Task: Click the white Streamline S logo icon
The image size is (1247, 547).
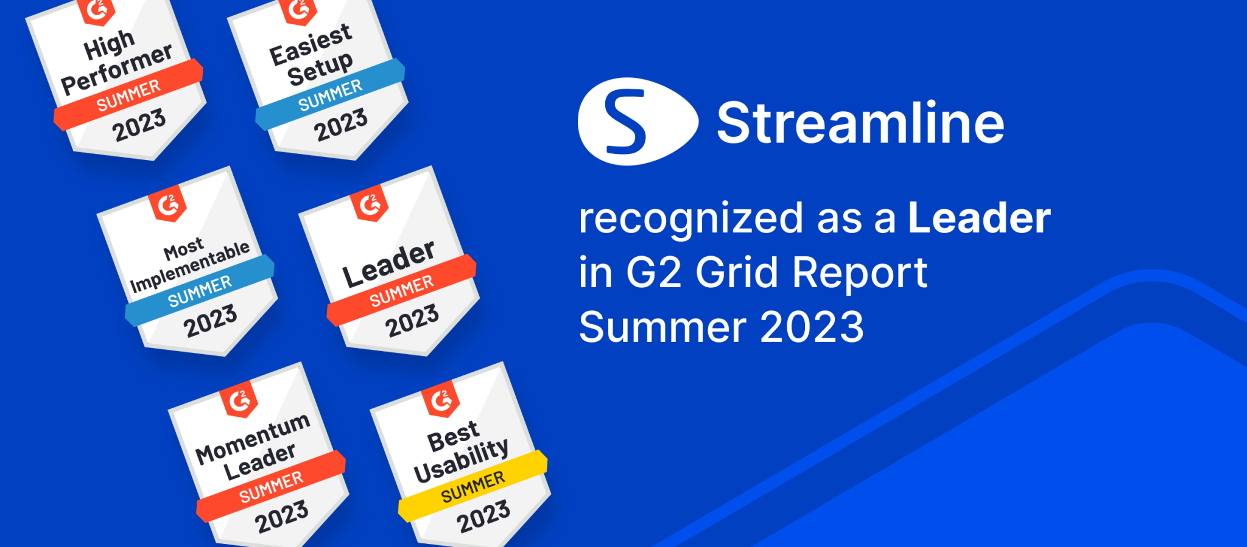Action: (636, 122)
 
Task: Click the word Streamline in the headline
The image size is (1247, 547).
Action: (860, 123)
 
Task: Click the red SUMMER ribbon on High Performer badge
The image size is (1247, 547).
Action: (128, 95)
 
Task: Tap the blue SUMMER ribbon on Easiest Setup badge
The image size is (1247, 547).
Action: (330, 95)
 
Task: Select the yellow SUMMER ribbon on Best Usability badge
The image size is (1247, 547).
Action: (473, 487)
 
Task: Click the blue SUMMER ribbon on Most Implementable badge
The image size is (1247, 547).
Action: (200, 291)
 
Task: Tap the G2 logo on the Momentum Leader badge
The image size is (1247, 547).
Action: (239, 400)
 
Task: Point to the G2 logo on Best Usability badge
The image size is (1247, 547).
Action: (441, 400)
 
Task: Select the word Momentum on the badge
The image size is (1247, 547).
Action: (253, 438)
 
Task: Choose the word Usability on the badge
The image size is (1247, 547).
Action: (461, 461)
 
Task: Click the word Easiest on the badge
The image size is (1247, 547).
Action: (311, 45)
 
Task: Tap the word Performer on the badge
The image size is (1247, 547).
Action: (117, 69)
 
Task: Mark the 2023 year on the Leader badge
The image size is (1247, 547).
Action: (412, 320)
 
